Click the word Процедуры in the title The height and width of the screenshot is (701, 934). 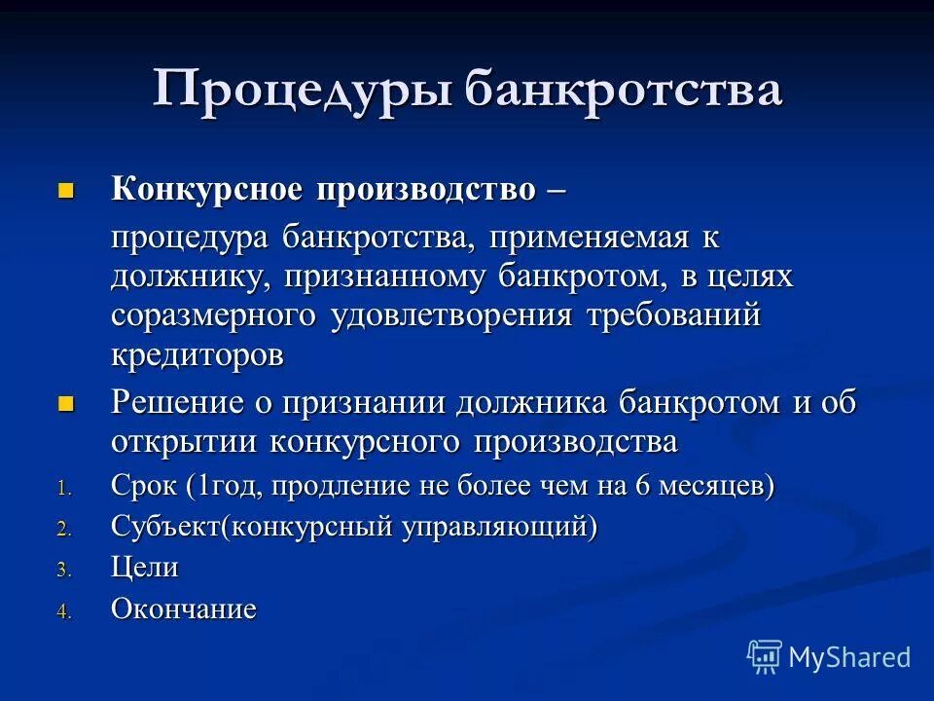[x=301, y=90]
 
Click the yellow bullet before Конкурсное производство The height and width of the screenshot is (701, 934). [x=66, y=188]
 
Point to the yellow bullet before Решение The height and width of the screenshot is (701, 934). [x=66, y=402]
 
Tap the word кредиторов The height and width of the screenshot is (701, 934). [x=198, y=355]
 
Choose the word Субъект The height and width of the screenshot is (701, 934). [x=165, y=528]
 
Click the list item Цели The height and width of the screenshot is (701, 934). [x=145, y=569]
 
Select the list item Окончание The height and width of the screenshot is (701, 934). [x=184, y=610]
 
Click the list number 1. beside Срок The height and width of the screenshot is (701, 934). [x=63, y=489]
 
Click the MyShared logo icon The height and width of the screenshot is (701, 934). [x=765, y=657]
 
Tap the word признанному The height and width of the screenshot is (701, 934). [x=387, y=277]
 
